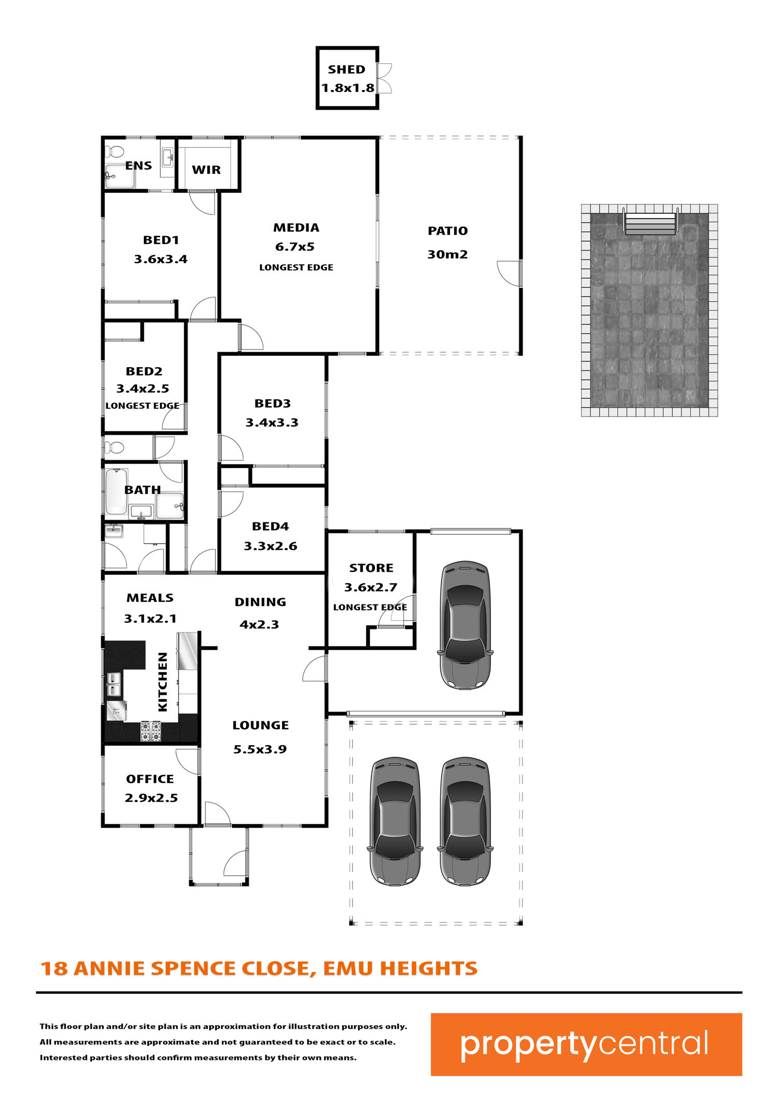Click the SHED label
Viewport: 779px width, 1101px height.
(346, 70)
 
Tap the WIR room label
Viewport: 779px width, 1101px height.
(206, 170)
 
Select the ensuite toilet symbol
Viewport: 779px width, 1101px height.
(114, 152)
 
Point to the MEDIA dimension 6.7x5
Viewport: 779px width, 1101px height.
(295, 247)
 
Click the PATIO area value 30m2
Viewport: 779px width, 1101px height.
(448, 254)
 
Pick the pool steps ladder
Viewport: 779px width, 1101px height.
(650, 223)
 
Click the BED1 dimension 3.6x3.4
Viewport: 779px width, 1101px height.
(161, 259)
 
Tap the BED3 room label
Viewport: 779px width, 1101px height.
(273, 404)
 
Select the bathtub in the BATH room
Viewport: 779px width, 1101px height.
(116, 491)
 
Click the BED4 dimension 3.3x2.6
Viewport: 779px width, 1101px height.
(271, 546)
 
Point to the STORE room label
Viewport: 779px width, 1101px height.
(371, 568)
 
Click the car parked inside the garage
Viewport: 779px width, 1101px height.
(465, 625)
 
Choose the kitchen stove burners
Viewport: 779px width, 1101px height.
(151, 731)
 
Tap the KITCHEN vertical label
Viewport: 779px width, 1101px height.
(163, 682)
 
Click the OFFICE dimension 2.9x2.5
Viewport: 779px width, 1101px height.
(151, 798)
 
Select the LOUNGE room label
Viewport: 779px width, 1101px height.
(261, 726)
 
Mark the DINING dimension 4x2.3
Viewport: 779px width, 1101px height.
(259, 625)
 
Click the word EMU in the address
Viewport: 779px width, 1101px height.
(348, 969)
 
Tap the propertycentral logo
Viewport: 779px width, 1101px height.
(586, 1044)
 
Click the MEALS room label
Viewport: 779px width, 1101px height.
(150, 598)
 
